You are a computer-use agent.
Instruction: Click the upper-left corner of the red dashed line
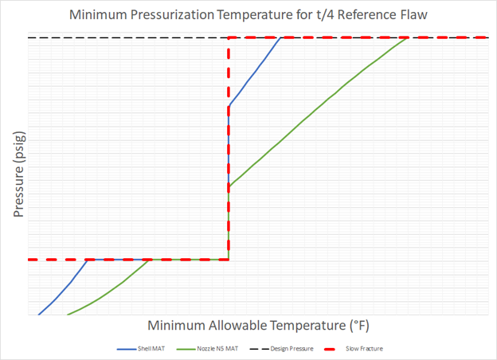229,37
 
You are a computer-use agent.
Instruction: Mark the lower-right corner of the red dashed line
229,260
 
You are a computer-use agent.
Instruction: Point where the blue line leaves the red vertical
229,105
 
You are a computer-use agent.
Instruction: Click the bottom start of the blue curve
38,315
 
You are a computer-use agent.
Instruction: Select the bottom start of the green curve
68,315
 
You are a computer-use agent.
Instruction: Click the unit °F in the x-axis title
359,326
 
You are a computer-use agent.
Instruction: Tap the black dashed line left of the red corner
127,37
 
